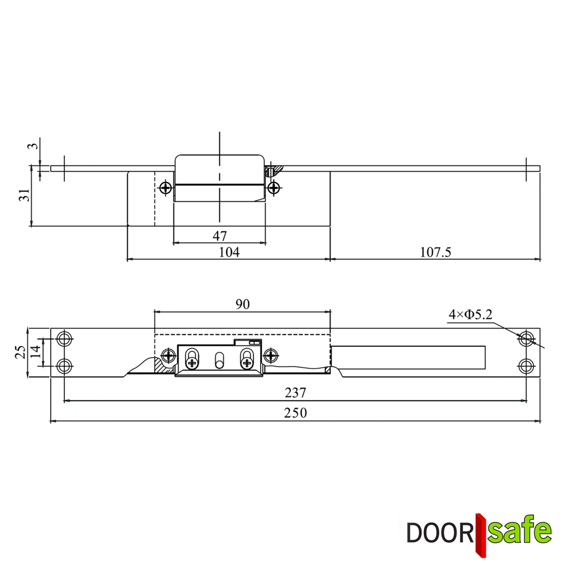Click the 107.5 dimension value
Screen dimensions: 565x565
click(x=435, y=252)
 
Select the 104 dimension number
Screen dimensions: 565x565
click(x=229, y=252)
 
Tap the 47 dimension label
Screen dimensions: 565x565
click(x=219, y=236)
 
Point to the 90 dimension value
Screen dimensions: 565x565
click(x=242, y=305)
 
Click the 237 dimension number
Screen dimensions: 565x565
click(x=295, y=393)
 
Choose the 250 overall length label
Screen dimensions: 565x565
click(x=295, y=413)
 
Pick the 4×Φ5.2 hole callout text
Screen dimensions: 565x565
click(x=470, y=314)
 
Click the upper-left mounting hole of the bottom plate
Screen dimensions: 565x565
click(x=65, y=340)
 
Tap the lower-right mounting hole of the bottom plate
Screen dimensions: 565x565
click(x=527, y=366)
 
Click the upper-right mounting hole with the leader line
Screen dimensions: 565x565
click(x=527, y=339)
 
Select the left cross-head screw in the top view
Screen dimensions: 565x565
click(x=166, y=188)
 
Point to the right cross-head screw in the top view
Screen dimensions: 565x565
click(x=273, y=188)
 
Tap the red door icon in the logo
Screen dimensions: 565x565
click(x=481, y=534)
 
